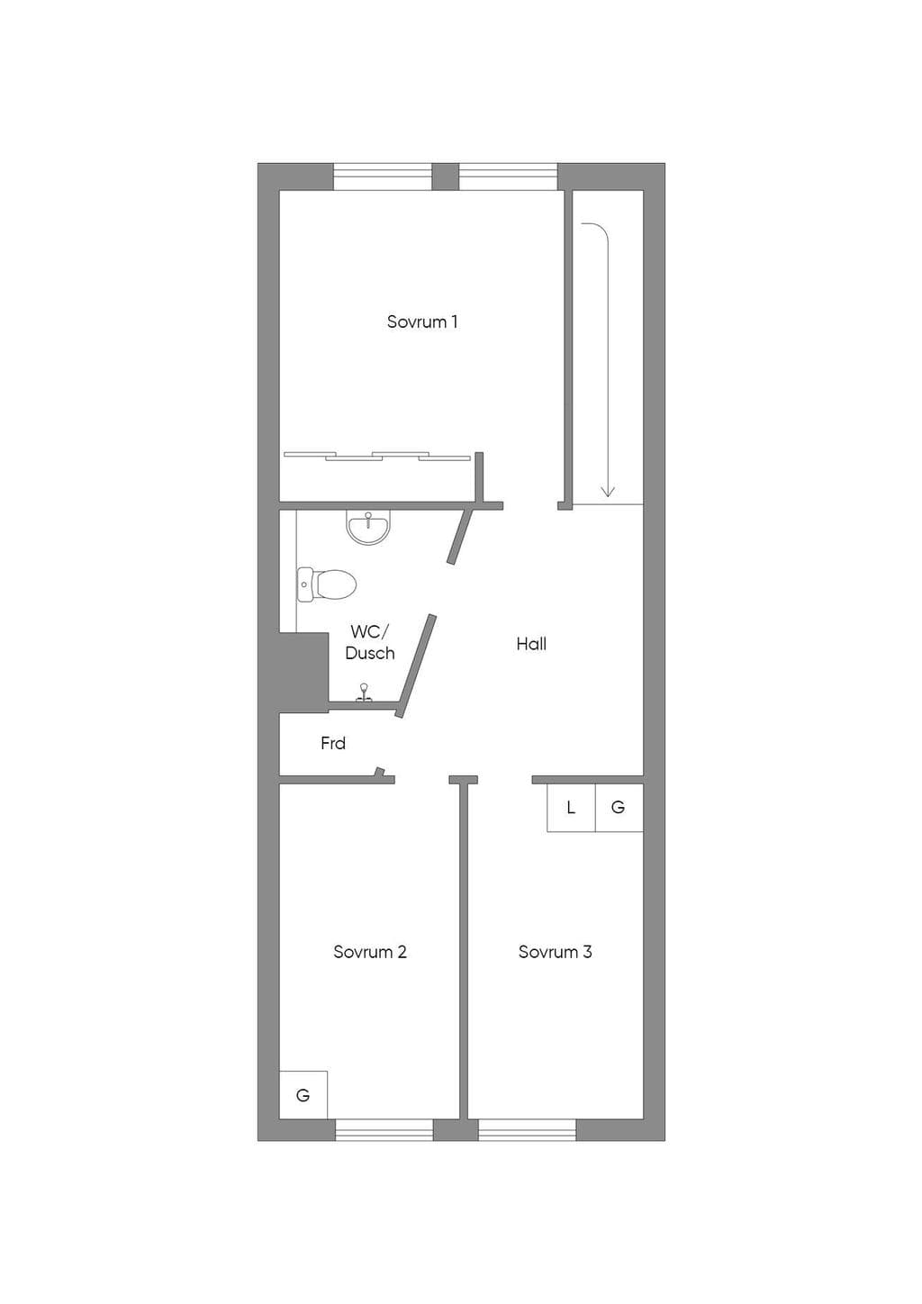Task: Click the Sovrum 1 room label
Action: click(x=422, y=321)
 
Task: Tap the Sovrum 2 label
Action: click(x=370, y=952)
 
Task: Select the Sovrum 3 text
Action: click(x=555, y=952)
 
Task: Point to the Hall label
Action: click(x=531, y=644)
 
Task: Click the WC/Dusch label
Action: click(x=370, y=642)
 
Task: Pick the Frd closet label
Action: click(x=333, y=743)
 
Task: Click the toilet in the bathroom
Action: click(x=327, y=584)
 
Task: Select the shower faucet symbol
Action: click(x=365, y=693)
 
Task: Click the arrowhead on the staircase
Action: click(x=608, y=492)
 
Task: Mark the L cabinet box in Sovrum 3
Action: click(x=571, y=808)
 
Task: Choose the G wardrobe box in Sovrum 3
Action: click(x=619, y=808)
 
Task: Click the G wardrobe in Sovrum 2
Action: click(x=303, y=1095)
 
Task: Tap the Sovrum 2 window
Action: click(x=384, y=1130)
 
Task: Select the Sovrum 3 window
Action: click(x=528, y=1130)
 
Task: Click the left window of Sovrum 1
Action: click(x=383, y=177)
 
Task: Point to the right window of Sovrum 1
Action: click(x=508, y=177)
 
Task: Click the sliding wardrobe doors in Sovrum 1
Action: click(x=377, y=456)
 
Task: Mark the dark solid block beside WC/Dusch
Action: click(x=303, y=673)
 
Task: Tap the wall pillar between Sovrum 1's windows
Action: click(x=446, y=177)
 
